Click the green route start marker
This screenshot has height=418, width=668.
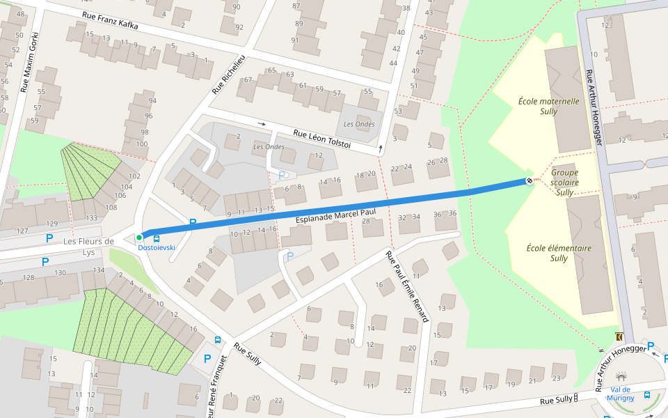pyautogui.click(x=139, y=238)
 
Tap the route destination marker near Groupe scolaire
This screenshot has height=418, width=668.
pyautogui.click(x=530, y=181)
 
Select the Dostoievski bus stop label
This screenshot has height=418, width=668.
pyautogui.click(x=156, y=247)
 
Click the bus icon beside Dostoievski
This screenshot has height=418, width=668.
pyautogui.click(x=156, y=238)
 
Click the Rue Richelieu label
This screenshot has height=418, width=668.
pyautogui.click(x=229, y=73)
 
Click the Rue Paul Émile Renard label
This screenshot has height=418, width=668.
pyautogui.click(x=408, y=286)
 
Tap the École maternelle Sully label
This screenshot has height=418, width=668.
pyautogui.click(x=549, y=106)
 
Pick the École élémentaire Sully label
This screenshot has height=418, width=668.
pyautogui.click(x=550, y=253)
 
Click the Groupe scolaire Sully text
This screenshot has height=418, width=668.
pyautogui.click(x=564, y=182)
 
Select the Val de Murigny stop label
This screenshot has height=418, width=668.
pyautogui.click(x=621, y=394)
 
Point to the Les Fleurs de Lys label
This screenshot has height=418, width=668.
pyautogui.click(x=88, y=247)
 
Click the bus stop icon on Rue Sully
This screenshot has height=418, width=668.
pyautogui.click(x=218, y=340)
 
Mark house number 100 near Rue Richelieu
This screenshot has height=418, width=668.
pyautogui.click(x=141, y=144)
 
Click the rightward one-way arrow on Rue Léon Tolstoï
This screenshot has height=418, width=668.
pyautogui.click(x=262, y=124)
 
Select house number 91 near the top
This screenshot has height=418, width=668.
pyautogui.click(x=294, y=40)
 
